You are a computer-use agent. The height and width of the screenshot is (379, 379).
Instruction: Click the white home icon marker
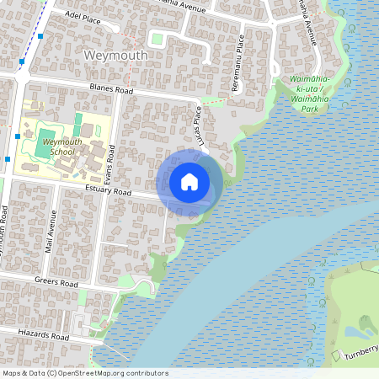pyautogui.click(x=189, y=182)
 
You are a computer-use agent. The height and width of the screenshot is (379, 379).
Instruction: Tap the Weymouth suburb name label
pyautogui.click(x=116, y=56)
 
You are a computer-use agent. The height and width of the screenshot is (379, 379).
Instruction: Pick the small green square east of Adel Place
pyautogui.click(x=156, y=38)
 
